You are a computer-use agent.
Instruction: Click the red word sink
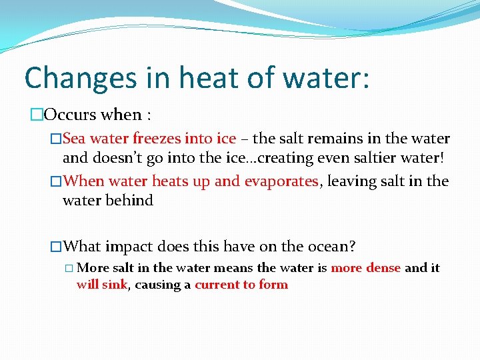tap(115, 285)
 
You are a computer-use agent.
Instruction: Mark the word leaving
tap(351, 181)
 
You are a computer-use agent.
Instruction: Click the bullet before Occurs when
tap(37, 115)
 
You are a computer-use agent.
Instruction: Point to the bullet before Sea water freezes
tap(56, 139)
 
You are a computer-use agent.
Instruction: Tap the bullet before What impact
tap(56, 246)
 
